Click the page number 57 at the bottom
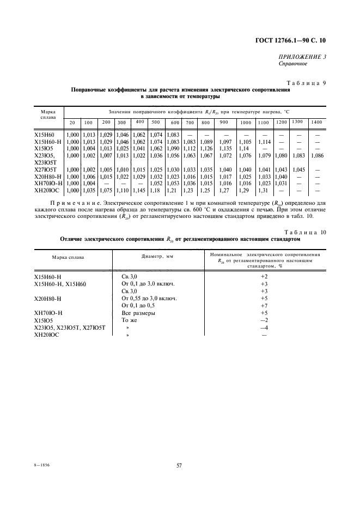coord(179,465)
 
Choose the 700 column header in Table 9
coord(189,122)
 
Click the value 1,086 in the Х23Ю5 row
coord(316,155)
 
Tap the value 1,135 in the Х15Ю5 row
coord(224,148)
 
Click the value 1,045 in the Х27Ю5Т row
coord(298,169)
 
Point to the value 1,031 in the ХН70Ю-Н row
coord(281,184)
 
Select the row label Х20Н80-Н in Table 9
coord(48,177)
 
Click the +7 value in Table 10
coord(265,306)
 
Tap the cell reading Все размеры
coord(138,313)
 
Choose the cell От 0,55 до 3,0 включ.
coord(149,299)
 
